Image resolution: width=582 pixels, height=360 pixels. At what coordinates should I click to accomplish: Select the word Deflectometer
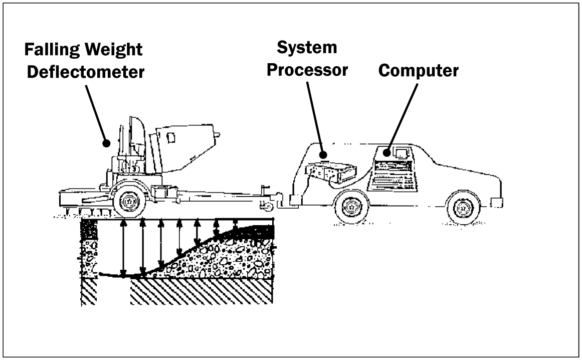click(86, 72)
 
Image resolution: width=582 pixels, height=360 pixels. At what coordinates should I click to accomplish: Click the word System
click(307, 48)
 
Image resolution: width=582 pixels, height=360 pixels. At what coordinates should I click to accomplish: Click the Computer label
click(418, 71)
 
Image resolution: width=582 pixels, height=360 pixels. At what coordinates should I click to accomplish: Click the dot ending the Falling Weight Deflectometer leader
click(106, 143)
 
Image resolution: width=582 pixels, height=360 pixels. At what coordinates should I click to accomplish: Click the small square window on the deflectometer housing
click(170, 136)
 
